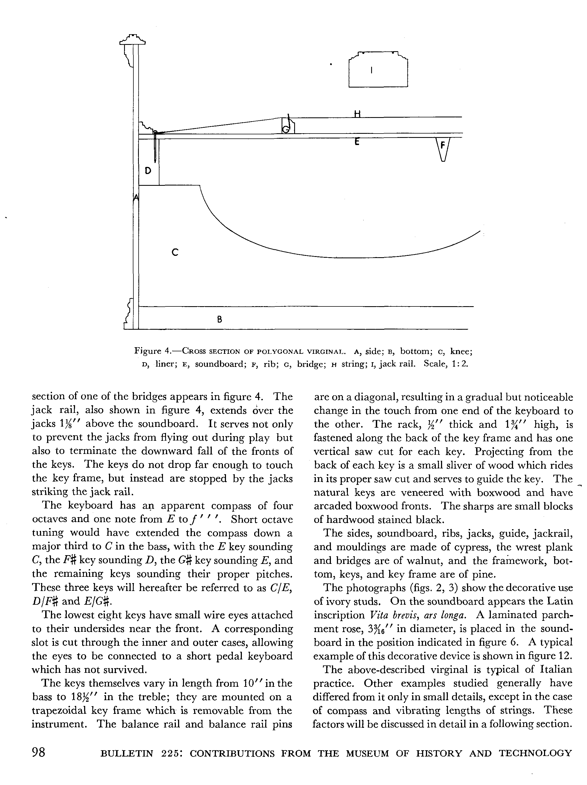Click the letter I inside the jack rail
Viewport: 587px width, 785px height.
coord(371,70)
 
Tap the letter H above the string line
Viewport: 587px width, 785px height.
coord(357,114)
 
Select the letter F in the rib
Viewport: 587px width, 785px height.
coord(443,145)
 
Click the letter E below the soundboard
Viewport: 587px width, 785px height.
coord(357,142)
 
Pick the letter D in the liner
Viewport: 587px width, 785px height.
coord(148,171)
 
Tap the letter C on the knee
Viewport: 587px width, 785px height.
coord(174,252)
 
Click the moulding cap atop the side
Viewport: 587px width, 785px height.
coord(133,39)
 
